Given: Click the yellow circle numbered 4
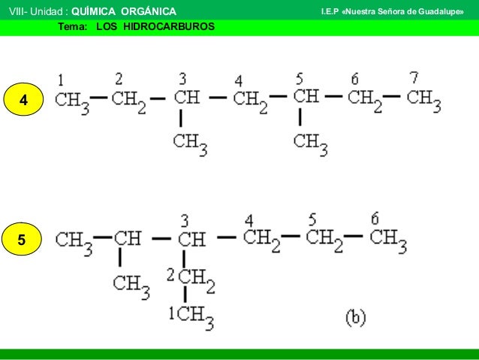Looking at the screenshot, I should pyautogui.click(x=24, y=99).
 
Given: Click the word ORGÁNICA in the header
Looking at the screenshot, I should pyautogui.click(x=149, y=11).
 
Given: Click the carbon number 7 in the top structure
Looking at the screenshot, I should pyautogui.click(x=414, y=77).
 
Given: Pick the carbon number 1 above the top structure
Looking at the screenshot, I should pyautogui.click(x=60, y=78).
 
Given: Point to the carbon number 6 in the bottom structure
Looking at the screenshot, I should pyautogui.click(x=374, y=219).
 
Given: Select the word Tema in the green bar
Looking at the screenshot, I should pyautogui.click(x=71, y=26).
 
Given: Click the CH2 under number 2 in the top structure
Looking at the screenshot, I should pyautogui.click(x=128, y=101).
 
